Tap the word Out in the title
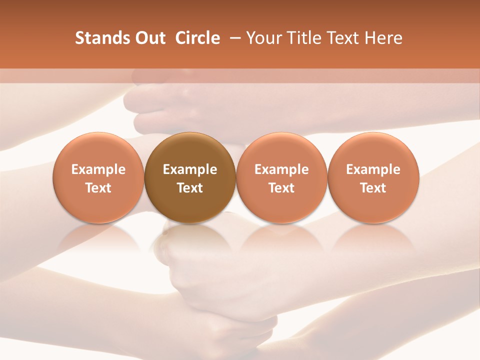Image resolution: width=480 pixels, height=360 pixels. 149,38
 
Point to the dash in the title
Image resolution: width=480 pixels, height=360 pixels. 233,38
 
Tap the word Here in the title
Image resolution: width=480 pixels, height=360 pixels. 383,38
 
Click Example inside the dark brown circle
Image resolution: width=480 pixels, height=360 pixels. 190,169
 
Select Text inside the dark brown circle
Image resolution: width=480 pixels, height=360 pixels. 190,188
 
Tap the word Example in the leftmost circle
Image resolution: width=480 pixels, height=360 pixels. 98,169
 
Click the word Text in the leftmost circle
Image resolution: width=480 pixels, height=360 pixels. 98,188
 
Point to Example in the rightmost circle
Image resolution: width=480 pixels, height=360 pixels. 373,169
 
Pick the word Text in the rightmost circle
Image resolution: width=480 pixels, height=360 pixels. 373,188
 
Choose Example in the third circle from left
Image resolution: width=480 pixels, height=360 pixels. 282,169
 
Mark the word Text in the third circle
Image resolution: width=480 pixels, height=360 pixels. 282,188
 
